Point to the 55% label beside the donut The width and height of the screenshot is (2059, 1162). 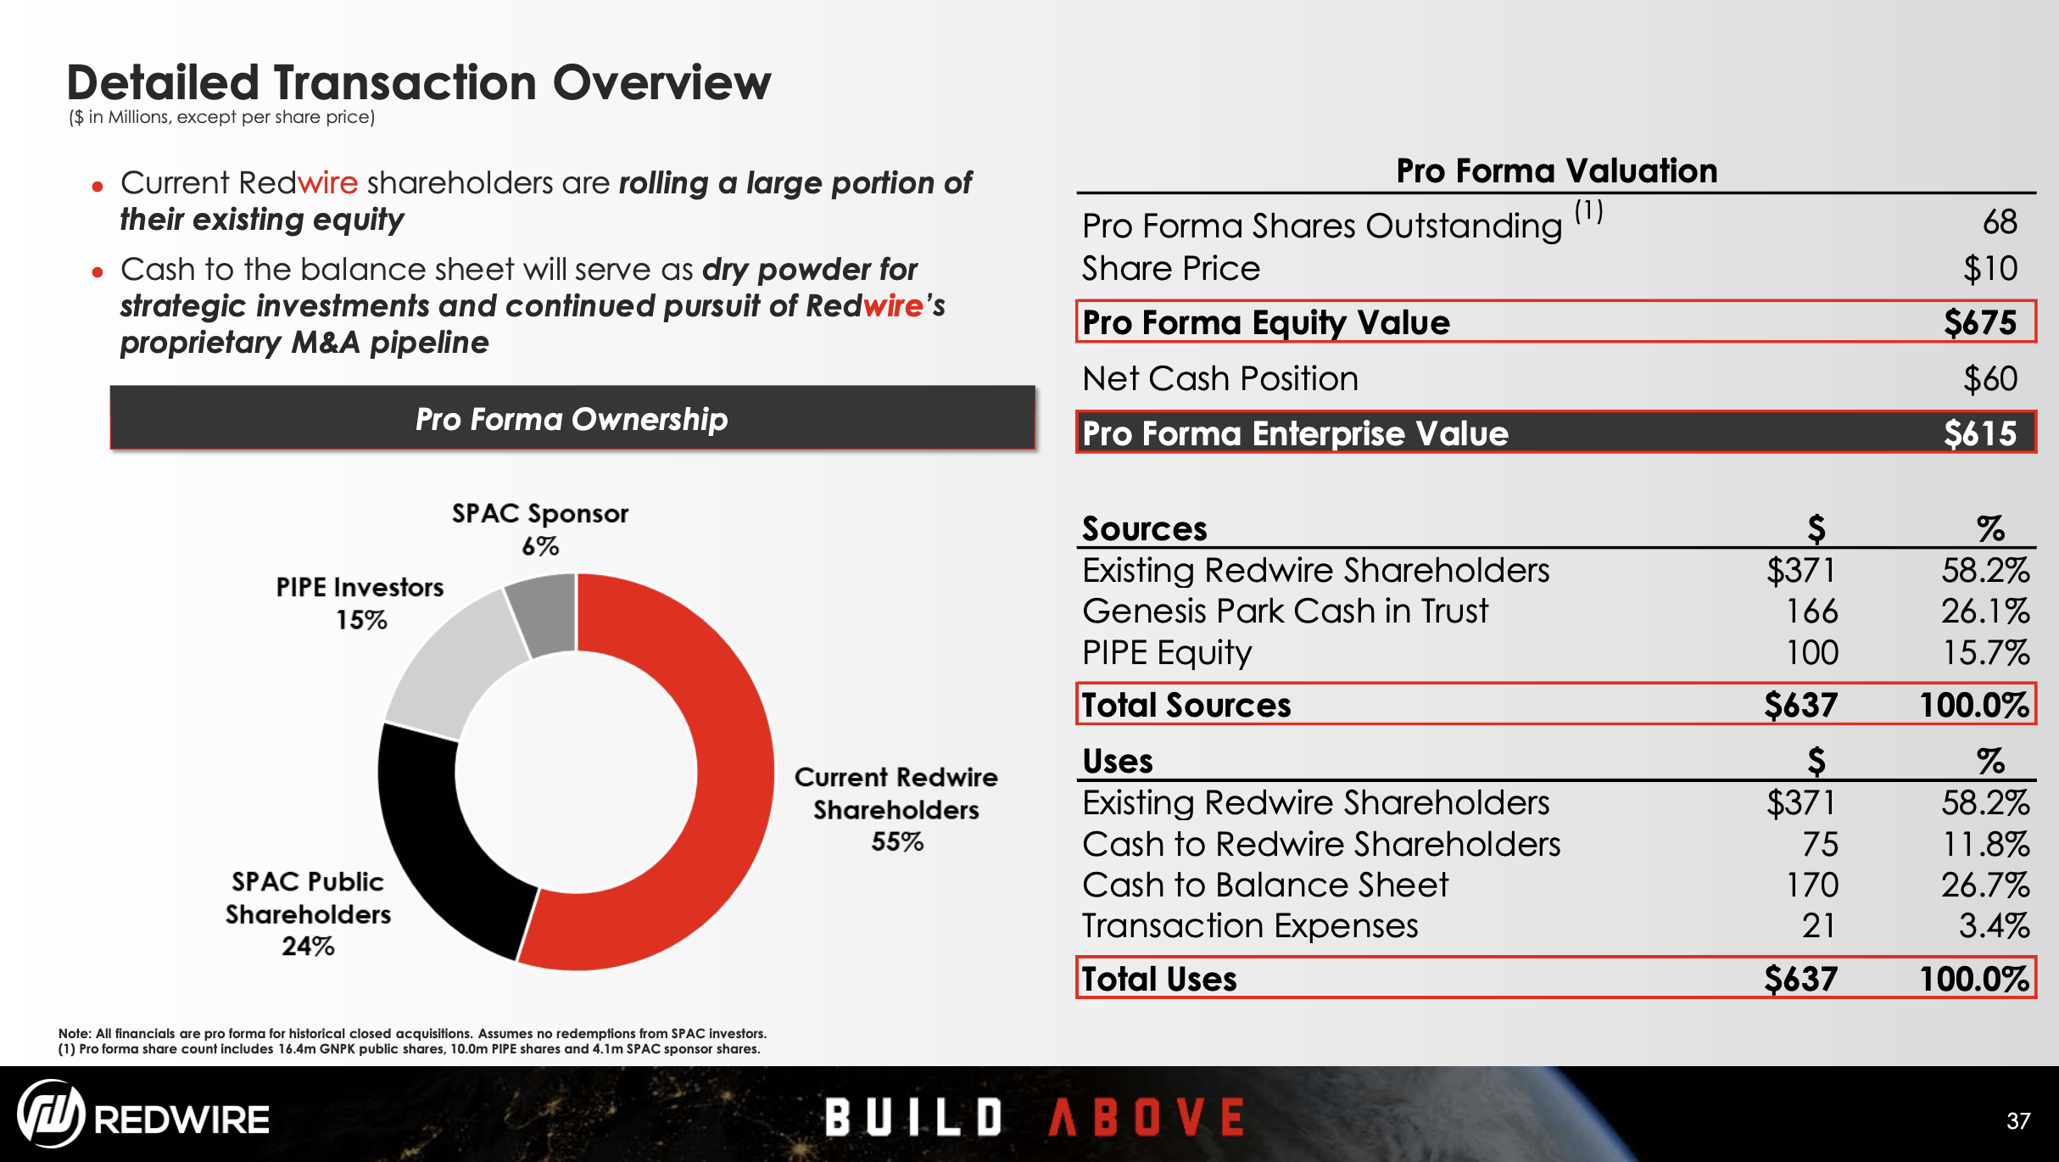pyautogui.click(x=896, y=841)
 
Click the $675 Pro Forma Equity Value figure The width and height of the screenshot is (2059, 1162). pyautogui.click(x=1979, y=322)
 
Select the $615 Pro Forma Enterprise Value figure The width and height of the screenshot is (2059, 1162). pyautogui.click(x=1979, y=433)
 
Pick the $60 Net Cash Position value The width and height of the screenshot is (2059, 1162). pyautogui.click(x=1989, y=378)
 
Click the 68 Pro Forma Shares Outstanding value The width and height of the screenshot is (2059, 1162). pyautogui.click(x=1999, y=222)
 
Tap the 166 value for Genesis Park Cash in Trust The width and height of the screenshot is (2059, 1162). pyautogui.click(x=1811, y=611)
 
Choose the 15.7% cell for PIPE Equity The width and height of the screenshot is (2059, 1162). pyautogui.click(x=1985, y=652)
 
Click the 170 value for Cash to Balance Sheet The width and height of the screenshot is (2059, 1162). pyautogui.click(x=1811, y=885)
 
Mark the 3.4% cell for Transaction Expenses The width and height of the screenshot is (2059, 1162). pyautogui.click(x=1993, y=925)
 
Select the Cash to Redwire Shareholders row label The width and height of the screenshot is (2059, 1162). pyautogui.click(x=1320, y=844)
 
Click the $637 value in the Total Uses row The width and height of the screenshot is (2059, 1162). pyautogui.click(x=1800, y=979)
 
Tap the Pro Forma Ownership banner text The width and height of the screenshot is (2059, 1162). pyautogui.click(x=572, y=419)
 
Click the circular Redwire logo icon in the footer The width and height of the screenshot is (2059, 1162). pyautogui.click(x=51, y=1114)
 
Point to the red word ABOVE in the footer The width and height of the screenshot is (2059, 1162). pyautogui.click(x=1147, y=1116)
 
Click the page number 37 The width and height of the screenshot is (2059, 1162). pyautogui.click(x=2018, y=1121)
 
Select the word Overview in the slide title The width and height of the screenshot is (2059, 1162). pyautogui.click(x=661, y=83)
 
